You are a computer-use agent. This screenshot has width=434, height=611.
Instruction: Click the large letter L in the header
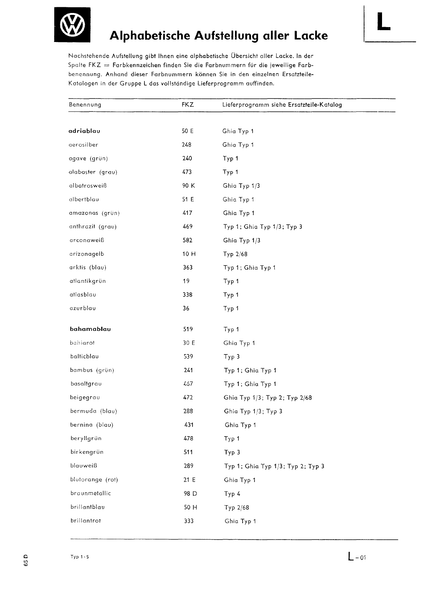384,21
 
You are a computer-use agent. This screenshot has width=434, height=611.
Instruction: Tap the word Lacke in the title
311,35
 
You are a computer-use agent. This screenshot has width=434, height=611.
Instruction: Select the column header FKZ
188,105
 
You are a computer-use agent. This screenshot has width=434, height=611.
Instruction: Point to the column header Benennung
85,105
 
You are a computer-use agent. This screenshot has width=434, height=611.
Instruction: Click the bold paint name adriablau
84,131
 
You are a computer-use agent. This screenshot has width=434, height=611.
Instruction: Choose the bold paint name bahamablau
91,329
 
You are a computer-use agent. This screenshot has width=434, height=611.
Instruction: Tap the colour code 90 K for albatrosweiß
189,185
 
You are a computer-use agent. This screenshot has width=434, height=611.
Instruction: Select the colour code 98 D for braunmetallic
190,493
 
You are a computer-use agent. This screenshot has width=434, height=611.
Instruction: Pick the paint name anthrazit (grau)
92,227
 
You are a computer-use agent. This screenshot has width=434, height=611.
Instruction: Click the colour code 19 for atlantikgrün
186,281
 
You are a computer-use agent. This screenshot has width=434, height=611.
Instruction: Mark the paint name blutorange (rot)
94,480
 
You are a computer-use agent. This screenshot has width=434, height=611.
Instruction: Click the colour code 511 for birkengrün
188,452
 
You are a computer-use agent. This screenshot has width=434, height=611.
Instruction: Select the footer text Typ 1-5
79,557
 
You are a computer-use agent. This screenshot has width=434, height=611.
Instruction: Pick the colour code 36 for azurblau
186,308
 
